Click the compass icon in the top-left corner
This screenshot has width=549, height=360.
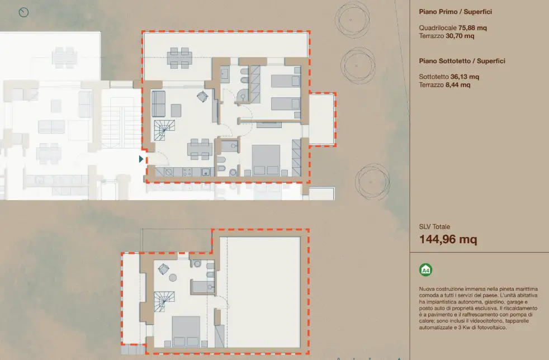23,12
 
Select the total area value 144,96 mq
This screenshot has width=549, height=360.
448,240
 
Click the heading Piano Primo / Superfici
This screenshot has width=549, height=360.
455,11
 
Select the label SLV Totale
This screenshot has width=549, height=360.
434,227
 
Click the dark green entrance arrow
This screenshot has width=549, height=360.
141,159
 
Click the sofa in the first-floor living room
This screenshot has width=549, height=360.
158,103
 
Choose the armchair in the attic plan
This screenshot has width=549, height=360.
164,268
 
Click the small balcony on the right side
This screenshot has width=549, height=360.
322,119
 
